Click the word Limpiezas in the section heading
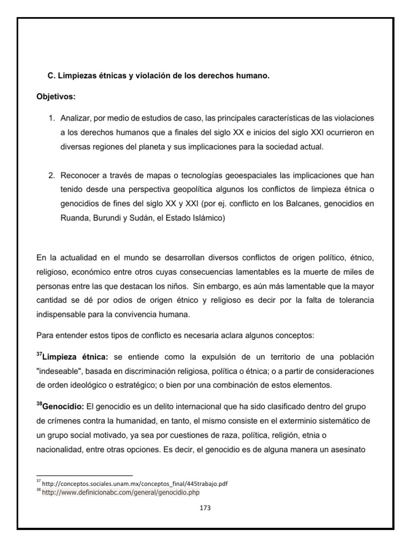[76, 76]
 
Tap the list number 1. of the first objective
[52, 117]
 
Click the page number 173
[205, 508]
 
